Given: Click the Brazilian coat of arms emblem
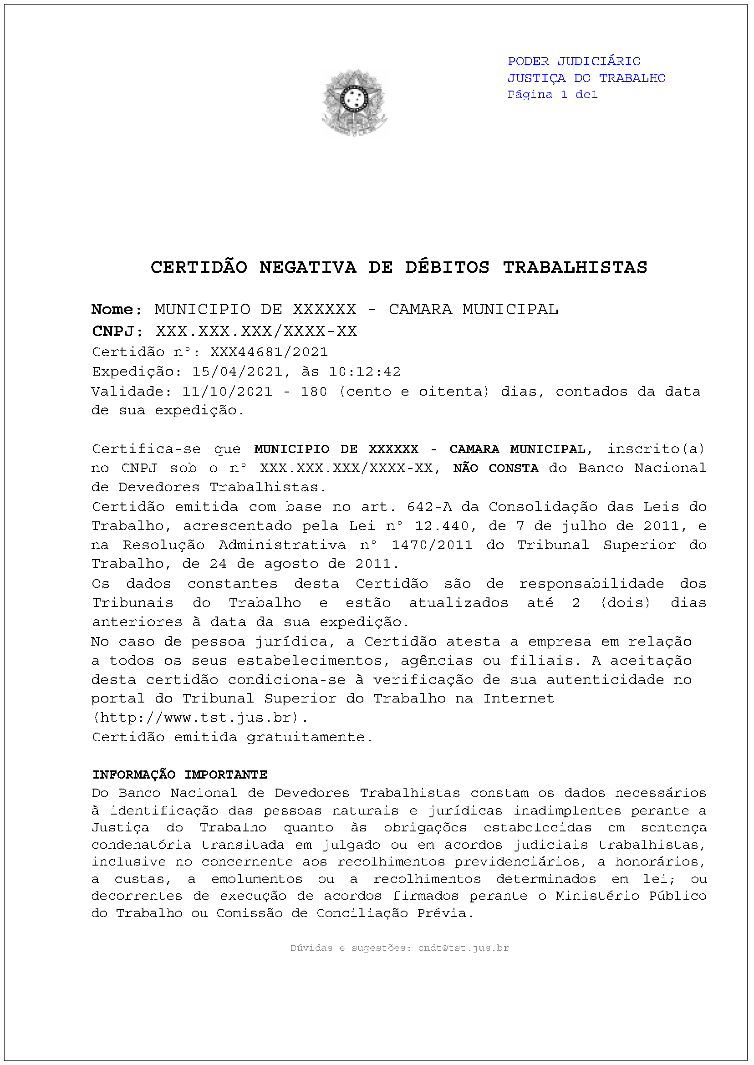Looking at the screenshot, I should tap(355, 102).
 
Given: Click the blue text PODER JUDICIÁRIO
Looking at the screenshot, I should tap(574, 61).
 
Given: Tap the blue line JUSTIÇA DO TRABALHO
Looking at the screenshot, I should tap(586, 78).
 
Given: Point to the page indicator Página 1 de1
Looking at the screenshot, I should tap(552, 95).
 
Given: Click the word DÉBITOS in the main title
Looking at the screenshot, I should tap(447, 267).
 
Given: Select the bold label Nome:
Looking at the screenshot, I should tap(117, 310).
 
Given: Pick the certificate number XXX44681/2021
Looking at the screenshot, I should tap(269, 352).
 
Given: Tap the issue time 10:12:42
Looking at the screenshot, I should tap(364, 372).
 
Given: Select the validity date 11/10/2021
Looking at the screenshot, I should tap(227, 392).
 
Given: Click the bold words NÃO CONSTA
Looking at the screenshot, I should tap(495, 469).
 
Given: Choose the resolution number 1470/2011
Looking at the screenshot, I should tap(432, 545).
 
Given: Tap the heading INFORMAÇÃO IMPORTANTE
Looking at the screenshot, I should tap(180, 775).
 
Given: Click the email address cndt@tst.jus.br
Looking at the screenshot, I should tap(464, 948).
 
